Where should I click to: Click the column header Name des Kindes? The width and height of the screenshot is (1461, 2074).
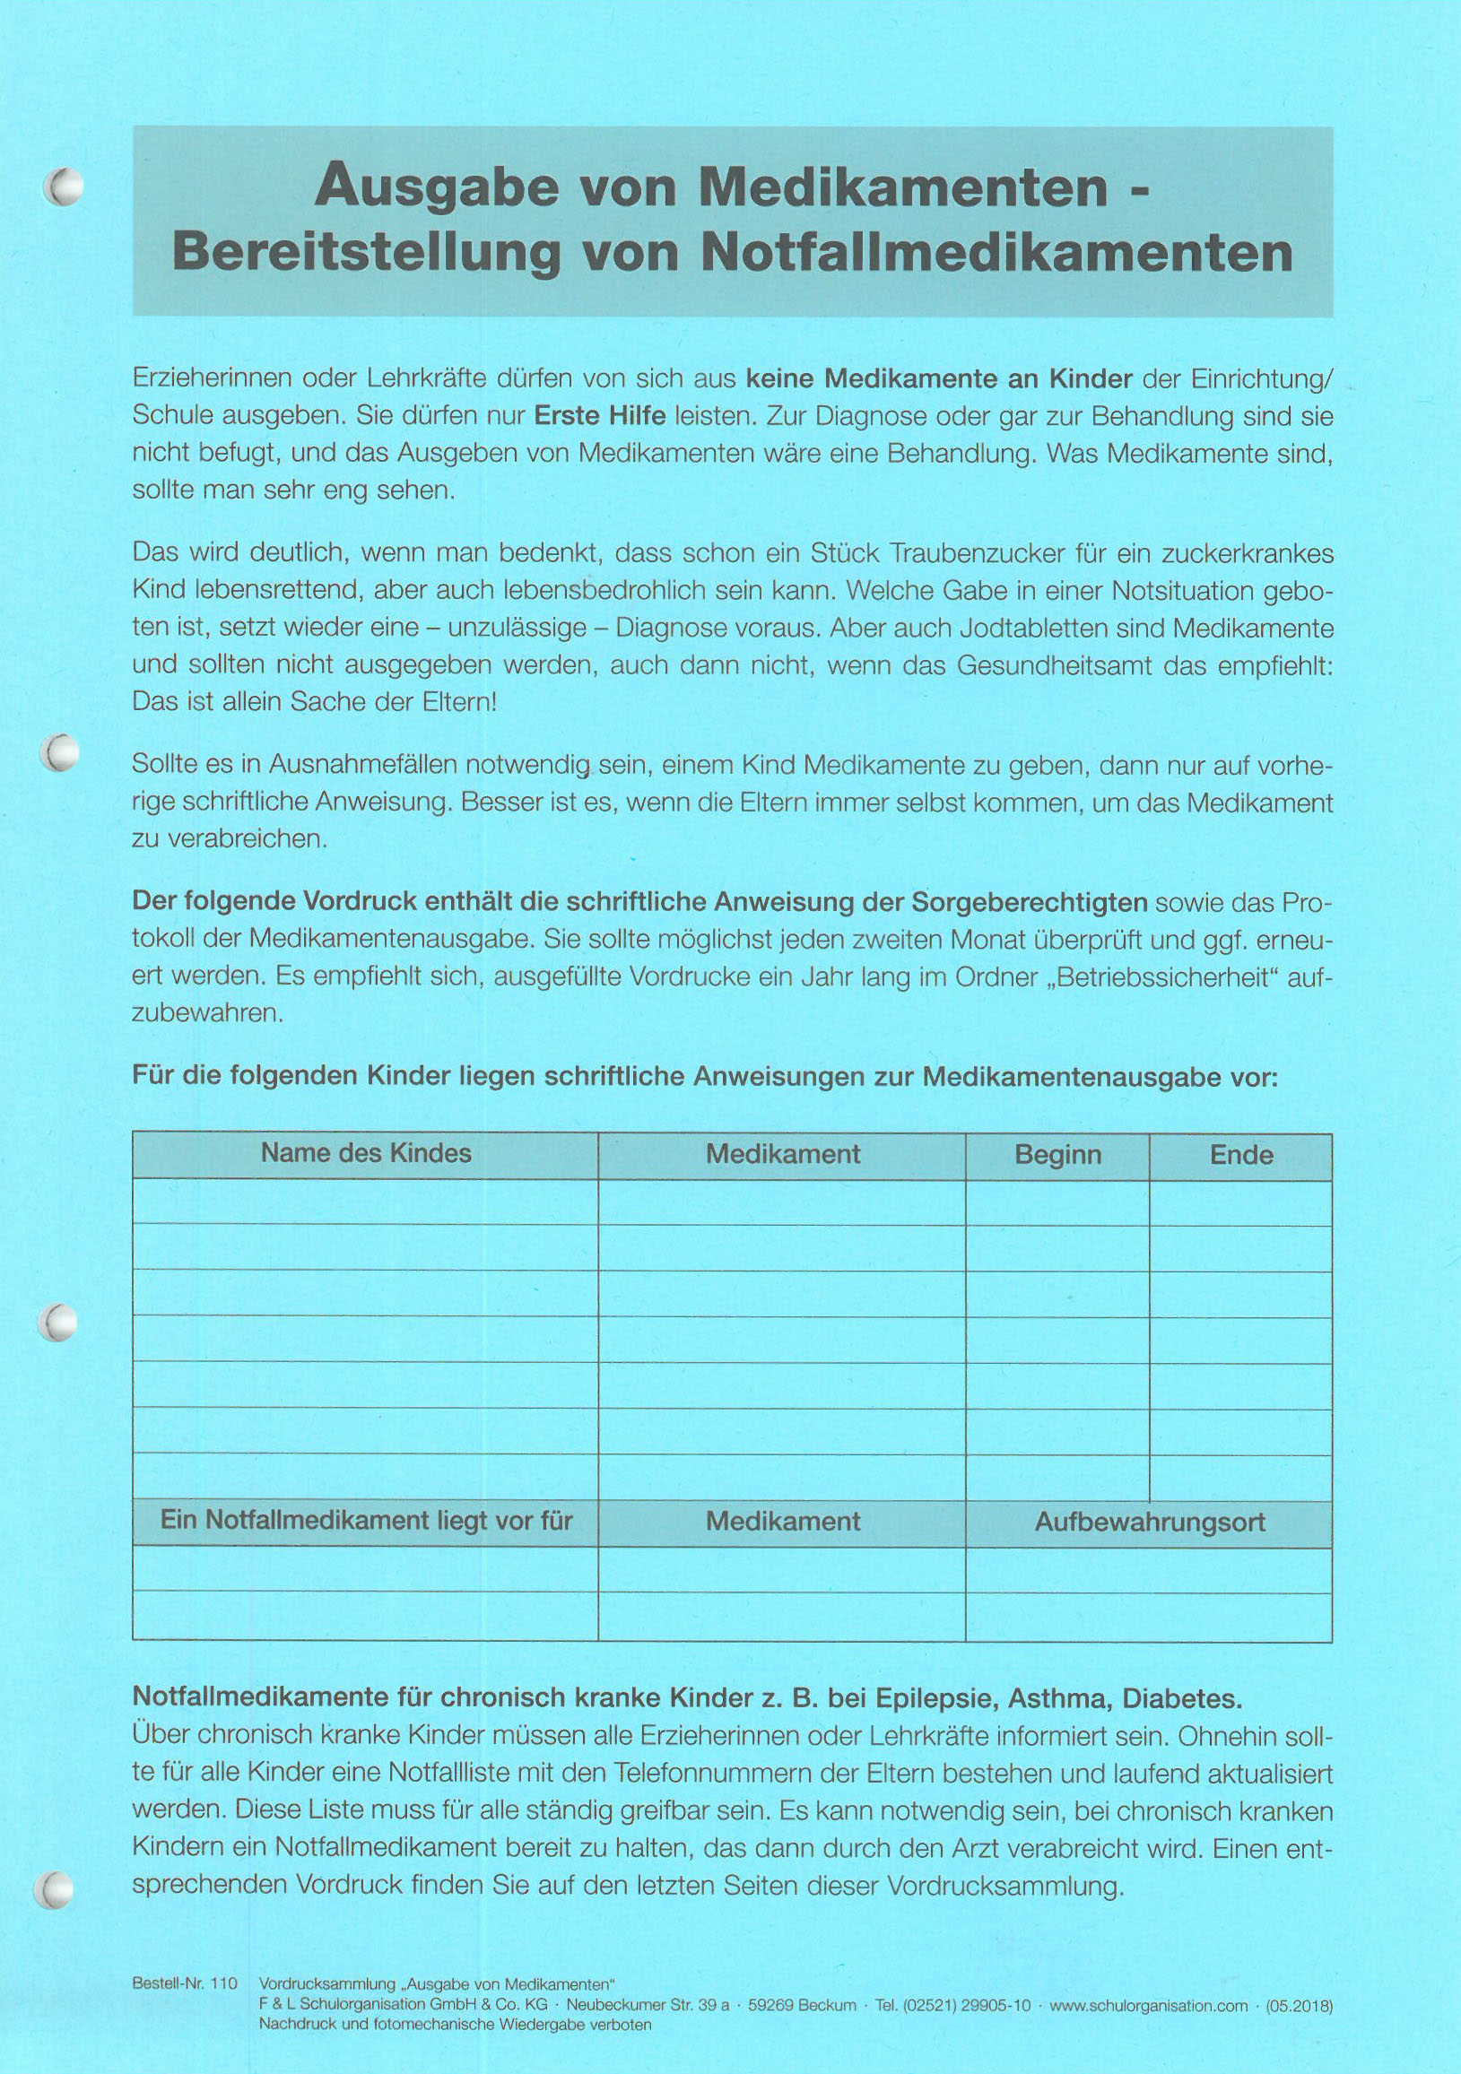(x=366, y=1153)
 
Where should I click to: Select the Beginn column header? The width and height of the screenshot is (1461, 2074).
(x=1058, y=1154)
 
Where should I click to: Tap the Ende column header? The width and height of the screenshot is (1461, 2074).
(x=1241, y=1154)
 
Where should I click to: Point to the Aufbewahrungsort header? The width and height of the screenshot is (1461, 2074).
(x=1149, y=1522)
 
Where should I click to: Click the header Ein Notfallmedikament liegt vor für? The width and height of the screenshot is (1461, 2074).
(x=366, y=1520)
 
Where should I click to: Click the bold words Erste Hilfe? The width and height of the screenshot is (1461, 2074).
(x=600, y=416)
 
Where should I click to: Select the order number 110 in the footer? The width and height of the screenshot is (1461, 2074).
(x=223, y=1983)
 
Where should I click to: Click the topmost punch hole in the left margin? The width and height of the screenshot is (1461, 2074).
(x=64, y=187)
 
